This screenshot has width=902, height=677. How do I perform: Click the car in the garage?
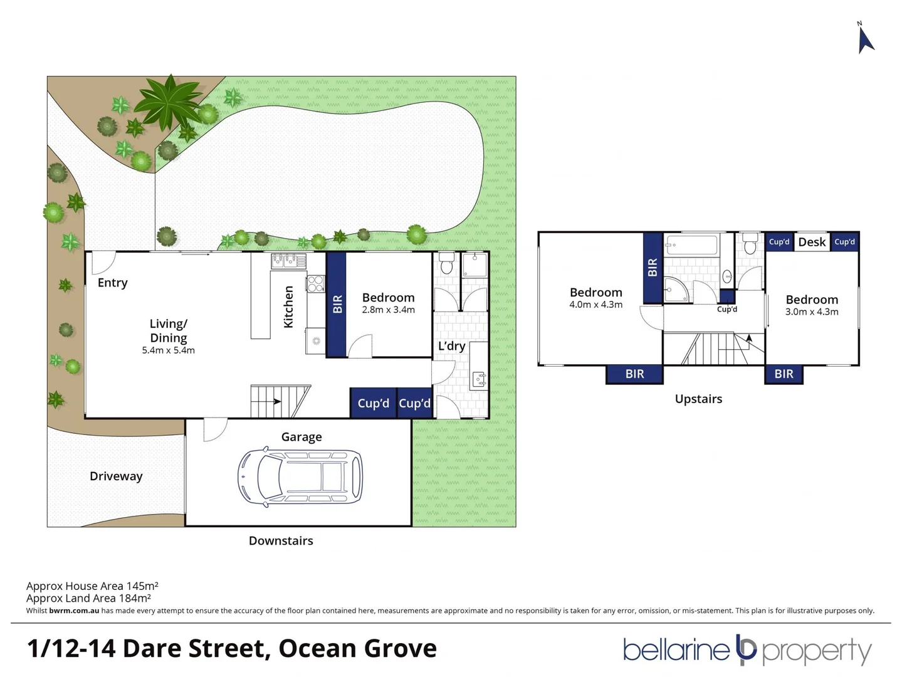300,476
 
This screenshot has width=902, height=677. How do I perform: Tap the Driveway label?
116,476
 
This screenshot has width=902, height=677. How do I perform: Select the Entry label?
113,283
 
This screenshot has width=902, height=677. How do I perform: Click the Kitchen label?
288,307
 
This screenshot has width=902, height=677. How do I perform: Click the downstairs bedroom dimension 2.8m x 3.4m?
388,310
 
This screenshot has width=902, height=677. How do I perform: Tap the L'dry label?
451,346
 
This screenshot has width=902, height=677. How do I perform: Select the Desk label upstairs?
812,242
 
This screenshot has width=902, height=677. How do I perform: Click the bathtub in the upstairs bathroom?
691,245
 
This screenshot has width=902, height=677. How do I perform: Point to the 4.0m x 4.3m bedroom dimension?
595,305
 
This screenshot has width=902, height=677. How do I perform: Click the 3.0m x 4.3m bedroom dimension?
812,312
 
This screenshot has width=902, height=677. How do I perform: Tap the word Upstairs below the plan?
698,399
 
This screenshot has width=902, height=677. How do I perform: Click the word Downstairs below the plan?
281,541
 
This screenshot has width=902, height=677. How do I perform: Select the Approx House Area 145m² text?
92,586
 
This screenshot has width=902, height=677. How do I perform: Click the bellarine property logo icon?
746,650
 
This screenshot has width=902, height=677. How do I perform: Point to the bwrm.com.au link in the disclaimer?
74,611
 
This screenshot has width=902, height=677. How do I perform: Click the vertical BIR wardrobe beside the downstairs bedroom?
337,304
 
